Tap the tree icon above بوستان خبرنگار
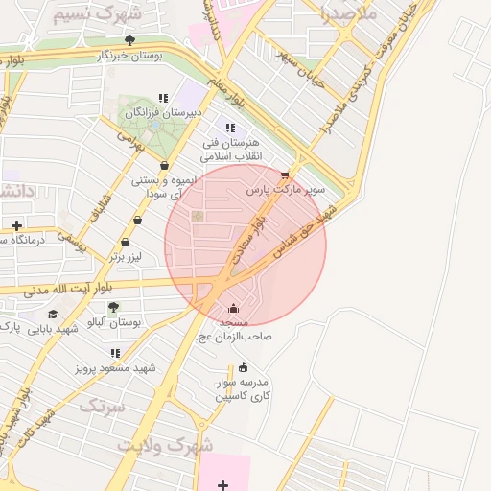pyautogui.click(x=129, y=40)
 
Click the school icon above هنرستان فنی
pyautogui.click(x=229, y=128)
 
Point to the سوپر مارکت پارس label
pyautogui.click(x=286, y=190)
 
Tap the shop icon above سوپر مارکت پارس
pyautogui.click(x=285, y=175)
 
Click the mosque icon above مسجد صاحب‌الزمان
pyautogui.click(x=234, y=309)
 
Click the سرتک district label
pyautogui.click(x=103, y=407)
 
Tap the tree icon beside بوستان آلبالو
pyautogui.click(x=113, y=308)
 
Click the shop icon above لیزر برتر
pyautogui.click(x=138, y=220)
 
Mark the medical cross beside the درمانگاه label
pyautogui.click(x=16, y=225)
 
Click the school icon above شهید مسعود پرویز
pyautogui.click(x=116, y=353)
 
